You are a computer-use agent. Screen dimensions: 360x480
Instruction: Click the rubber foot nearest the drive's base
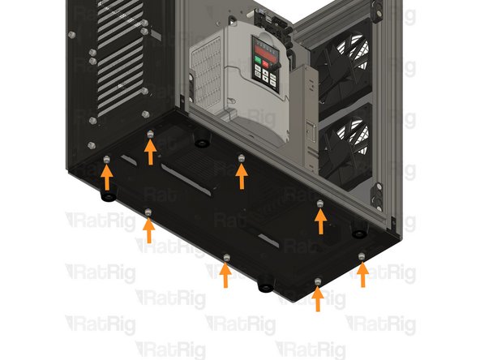pyautogui.click(x=199, y=144)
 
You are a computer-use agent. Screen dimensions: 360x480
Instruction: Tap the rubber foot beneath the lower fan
pyautogui.click(x=358, y=234)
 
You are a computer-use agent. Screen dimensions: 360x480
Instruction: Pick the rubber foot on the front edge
pyautogui.click(x=263, y=286)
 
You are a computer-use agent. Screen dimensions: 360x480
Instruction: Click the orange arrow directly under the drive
pyautogui.click(x=241, y=173)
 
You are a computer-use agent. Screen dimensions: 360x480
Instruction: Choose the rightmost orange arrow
pyautogui.click(x=362, y=274)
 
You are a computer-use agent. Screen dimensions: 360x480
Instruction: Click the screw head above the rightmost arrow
pyautogui.click(x=362, y=256)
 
